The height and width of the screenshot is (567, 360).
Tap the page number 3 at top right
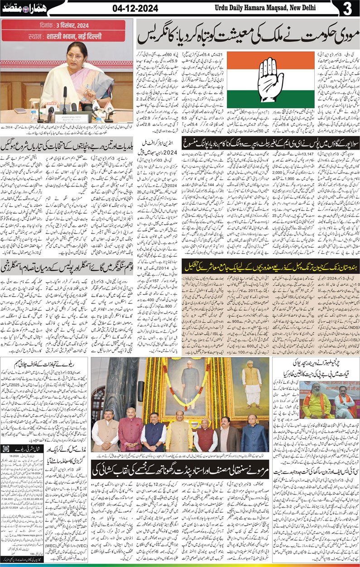348,9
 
